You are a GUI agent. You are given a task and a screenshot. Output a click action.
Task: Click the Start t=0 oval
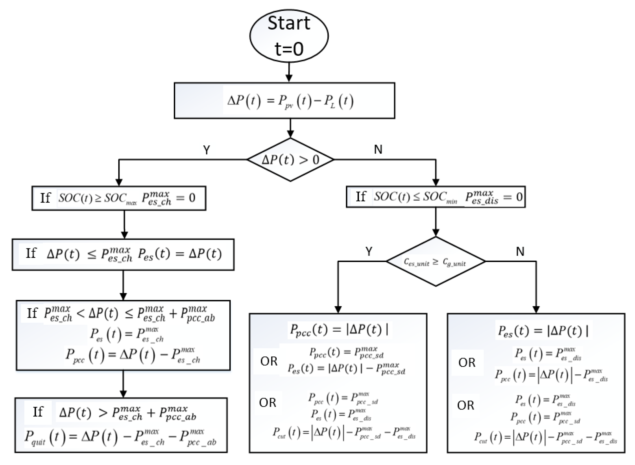coord(289,36)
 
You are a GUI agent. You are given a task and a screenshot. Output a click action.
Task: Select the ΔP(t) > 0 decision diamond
coord(290,160)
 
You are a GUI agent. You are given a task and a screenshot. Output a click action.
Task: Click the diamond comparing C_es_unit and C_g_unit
coord(436,262)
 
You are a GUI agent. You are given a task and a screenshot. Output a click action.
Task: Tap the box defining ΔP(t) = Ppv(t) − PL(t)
coord(284,101)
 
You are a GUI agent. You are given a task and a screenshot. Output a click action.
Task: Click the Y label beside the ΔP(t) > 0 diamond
coord(206,150)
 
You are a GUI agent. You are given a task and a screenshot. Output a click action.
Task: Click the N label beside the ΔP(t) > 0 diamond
coord(378,149)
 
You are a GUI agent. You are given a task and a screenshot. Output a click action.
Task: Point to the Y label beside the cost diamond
coord(369,251)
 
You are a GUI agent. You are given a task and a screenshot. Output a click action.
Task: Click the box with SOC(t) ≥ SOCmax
coord(119,198)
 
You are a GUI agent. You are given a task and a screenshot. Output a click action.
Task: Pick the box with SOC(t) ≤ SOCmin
coord(436,197)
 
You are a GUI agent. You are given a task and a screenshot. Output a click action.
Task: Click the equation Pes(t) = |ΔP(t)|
coord(543,331)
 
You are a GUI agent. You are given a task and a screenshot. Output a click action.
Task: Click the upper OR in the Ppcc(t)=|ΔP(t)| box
coord(269,361)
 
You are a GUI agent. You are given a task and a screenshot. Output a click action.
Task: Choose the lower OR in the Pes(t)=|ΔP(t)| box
coord(466,405)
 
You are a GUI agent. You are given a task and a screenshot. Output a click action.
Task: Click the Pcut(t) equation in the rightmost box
coord(545,438)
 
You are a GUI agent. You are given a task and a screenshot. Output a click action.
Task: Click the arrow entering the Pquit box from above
coord(123,384)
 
